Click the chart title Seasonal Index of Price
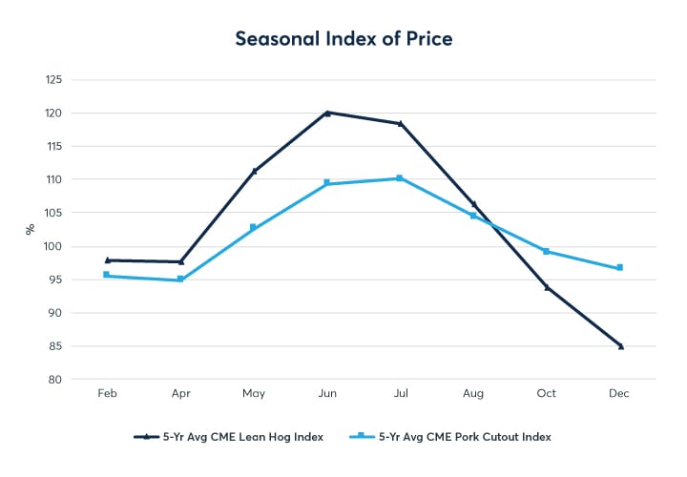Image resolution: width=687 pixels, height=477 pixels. tap(343, 39)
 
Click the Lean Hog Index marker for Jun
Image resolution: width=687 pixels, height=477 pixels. tap(327, 113)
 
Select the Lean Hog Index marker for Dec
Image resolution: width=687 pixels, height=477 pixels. tap(620, 346)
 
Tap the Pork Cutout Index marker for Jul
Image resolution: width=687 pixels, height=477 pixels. tap(400, 178)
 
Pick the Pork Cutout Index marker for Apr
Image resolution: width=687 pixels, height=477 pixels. tap(180, 280)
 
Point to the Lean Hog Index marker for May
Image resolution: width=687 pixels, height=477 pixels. tap(254, 171)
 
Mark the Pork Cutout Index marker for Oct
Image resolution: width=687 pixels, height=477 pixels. tap(547, 251)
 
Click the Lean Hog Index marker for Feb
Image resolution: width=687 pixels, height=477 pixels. tap(108, 259)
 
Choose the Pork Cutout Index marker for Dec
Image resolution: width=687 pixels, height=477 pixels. tap(620, 267)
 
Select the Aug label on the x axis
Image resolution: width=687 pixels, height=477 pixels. tap(473, 394)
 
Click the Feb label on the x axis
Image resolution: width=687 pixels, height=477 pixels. tap(108, 394)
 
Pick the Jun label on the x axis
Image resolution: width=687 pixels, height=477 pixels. tap(327, 394)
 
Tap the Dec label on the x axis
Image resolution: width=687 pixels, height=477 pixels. tap(620, 394)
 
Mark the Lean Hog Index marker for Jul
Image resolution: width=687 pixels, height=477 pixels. tap(400, 123)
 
